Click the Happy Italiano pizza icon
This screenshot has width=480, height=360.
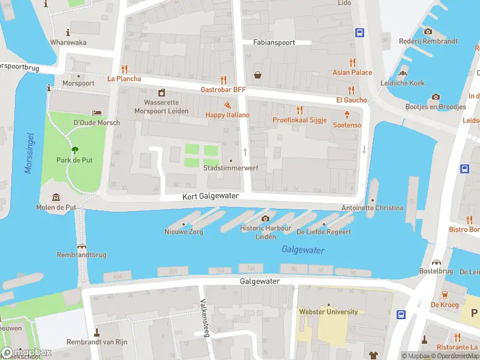(x=227, y=104)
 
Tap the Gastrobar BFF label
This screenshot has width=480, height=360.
(x=223, y=89)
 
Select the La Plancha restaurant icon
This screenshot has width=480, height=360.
(x=124, y=68)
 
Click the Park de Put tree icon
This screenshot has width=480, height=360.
(x=74, y=150)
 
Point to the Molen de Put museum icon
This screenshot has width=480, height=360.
(x=56, y=197)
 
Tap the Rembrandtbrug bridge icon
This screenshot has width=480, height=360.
(x=81, y=246)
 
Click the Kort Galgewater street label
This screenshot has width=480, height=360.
(x=211, y=196)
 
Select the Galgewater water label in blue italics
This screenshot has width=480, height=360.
(x=303, y=250)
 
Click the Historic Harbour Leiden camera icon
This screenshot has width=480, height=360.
(x=265, y=218)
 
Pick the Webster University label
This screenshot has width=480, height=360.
(x=328, y=311)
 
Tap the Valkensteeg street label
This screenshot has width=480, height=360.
(x=204, y=318)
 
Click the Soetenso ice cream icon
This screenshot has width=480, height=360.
(x=347, y=115)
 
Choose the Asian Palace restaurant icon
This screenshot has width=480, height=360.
(x=352, y=62)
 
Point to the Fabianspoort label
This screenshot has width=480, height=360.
(x=273, y=43)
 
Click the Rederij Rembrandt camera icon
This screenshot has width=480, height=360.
(x=428, y=31)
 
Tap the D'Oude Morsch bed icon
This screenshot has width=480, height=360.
(x=96, y=113)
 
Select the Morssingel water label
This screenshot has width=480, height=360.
(x=28, y=154)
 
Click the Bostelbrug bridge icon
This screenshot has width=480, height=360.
(x=436, y=262)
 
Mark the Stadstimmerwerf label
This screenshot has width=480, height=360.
(x=231, y=168)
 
